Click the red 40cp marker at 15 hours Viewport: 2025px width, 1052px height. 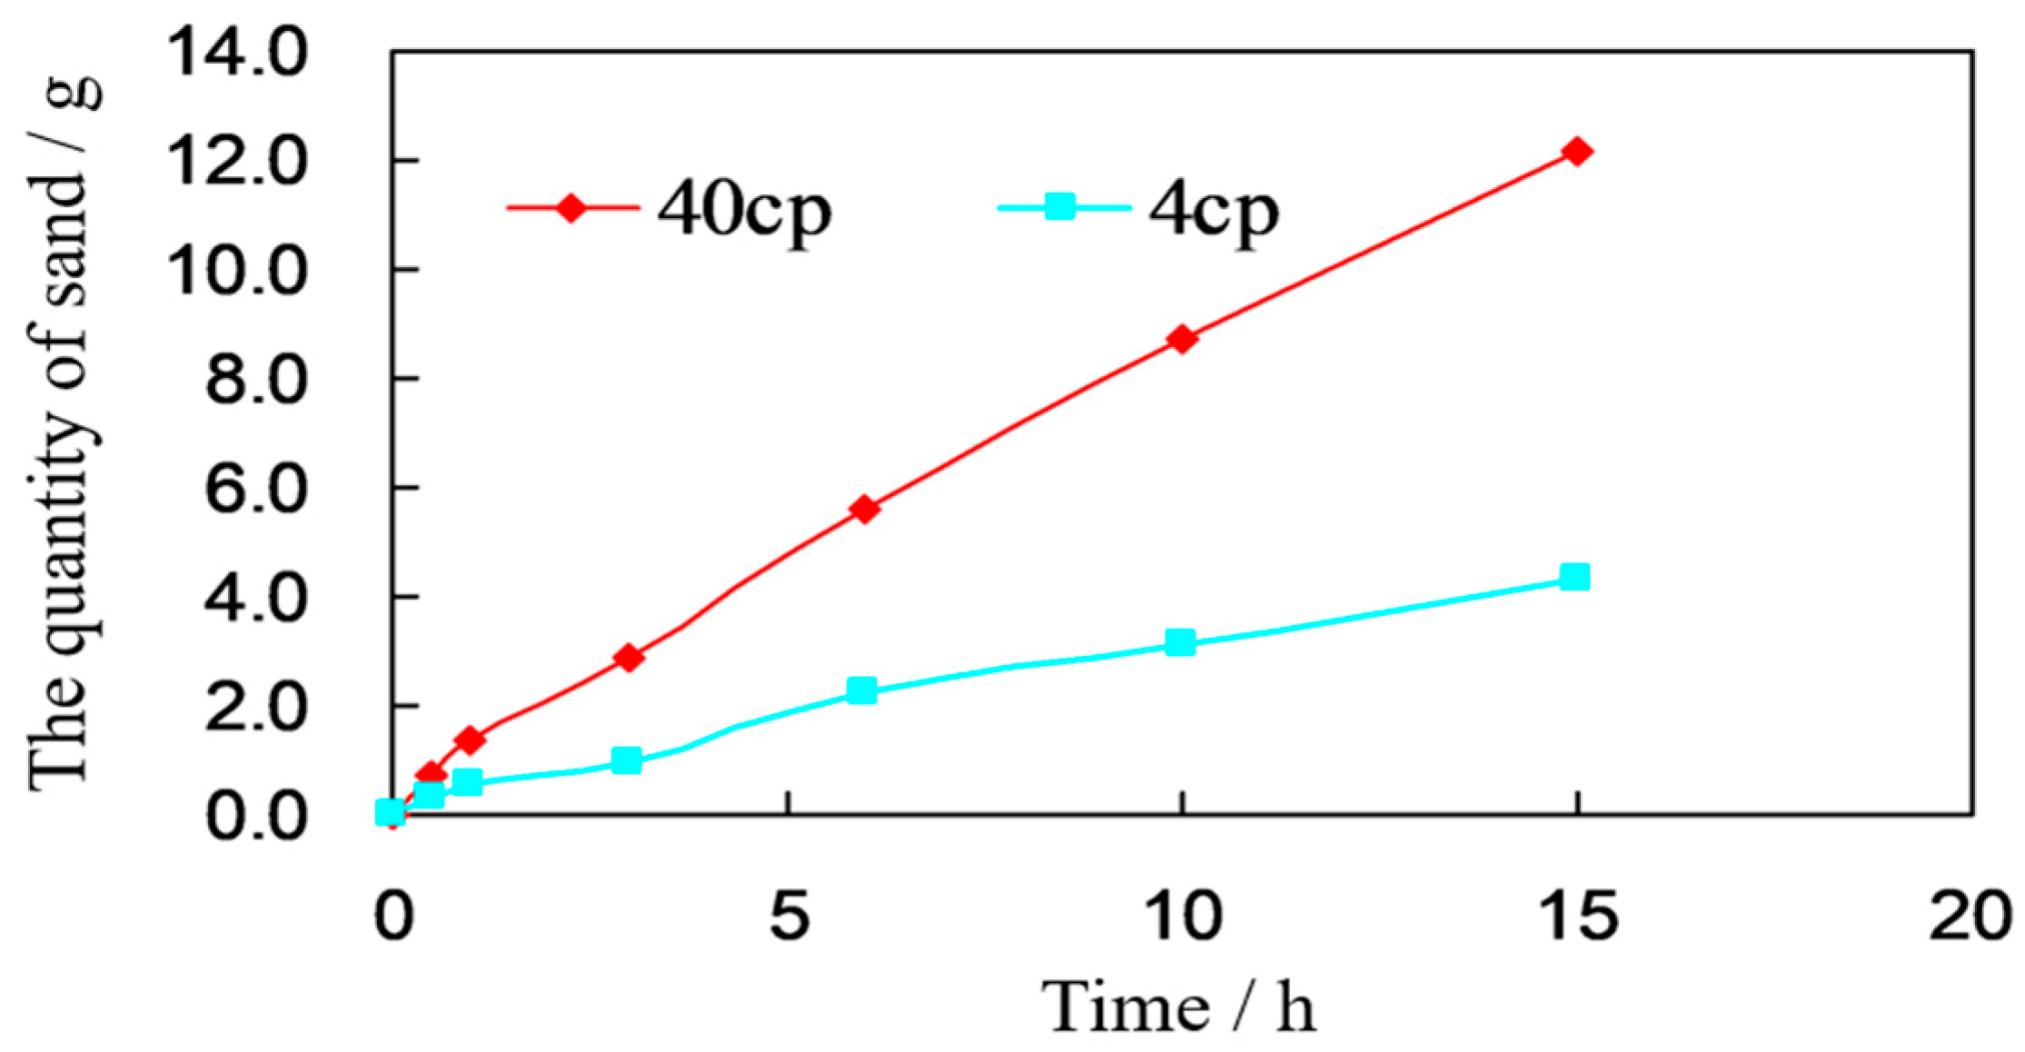coord(1577,151)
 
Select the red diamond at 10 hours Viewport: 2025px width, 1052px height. coord(1182,339)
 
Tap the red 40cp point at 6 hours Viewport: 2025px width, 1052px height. coord(865,509)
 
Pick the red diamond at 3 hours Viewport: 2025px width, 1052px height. coord(628,657)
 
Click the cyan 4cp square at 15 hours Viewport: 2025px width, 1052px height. coord(1574,576)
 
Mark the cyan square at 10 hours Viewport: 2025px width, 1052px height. coord(1180,642)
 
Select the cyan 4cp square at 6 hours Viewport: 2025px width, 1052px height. coord(862,690)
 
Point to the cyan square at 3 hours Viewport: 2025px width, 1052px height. coord(626,759)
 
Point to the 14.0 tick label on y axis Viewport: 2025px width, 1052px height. coord(238,54)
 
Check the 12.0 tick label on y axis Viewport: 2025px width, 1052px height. coord(238,162)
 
